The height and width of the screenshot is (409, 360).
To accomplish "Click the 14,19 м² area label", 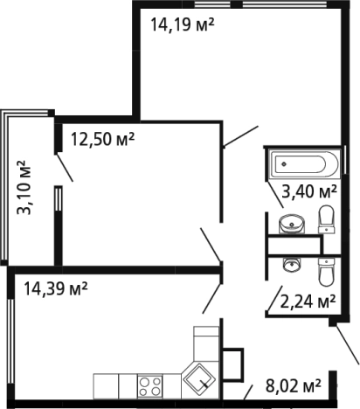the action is click(x=183, y=24).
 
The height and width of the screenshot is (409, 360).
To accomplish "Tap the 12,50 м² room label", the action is click(x=102, y=139).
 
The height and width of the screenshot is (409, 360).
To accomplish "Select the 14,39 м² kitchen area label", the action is click(x=56, y=288).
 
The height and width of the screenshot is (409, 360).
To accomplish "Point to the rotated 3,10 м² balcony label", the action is click(x=24, y=188).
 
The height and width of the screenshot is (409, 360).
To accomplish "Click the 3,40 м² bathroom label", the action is click(x=309, y=191).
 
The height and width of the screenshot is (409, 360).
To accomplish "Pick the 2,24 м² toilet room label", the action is click(x=308, y=302).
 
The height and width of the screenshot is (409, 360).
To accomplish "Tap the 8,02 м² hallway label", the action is click(x=294, y=385).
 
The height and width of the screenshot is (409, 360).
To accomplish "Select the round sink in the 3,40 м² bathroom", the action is click(x=292, y=224).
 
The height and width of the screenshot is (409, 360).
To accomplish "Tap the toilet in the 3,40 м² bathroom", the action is click(x=326, y=218).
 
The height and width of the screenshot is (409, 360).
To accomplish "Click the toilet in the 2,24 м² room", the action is click(x=326, y=272).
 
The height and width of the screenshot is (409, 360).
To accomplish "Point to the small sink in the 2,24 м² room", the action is click(x=292, y=265).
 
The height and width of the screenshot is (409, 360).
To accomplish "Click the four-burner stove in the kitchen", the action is click(x=149, y=386).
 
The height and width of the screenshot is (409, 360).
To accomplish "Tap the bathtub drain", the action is click(x=284, y=164).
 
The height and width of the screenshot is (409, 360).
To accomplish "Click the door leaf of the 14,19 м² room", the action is click(x=240, y=136).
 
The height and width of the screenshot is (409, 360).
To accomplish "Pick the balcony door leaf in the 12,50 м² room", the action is click(x=64, y=168).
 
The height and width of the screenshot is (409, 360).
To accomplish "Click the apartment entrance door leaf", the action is click(x=347, y=344).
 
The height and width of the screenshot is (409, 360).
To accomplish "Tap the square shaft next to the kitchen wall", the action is click(x=232, y=364).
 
